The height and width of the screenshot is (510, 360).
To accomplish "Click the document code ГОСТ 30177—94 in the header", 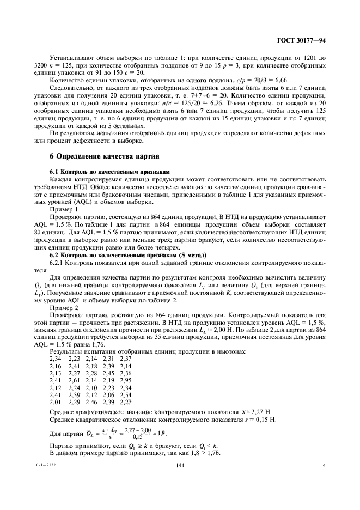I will (x=303, y=40).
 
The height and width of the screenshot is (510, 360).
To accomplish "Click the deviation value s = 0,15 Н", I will (x=259, y=420).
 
